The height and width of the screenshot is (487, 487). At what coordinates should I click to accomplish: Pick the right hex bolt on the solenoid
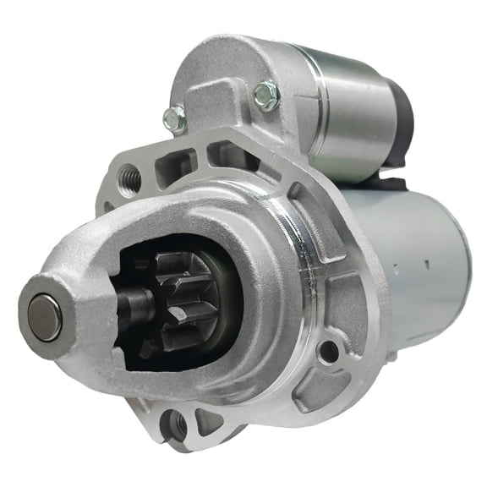click(266, 96)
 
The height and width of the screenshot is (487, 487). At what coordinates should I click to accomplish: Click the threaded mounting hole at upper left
click(131, 178)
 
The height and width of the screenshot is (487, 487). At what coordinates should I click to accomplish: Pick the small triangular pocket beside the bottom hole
click(205, 419)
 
